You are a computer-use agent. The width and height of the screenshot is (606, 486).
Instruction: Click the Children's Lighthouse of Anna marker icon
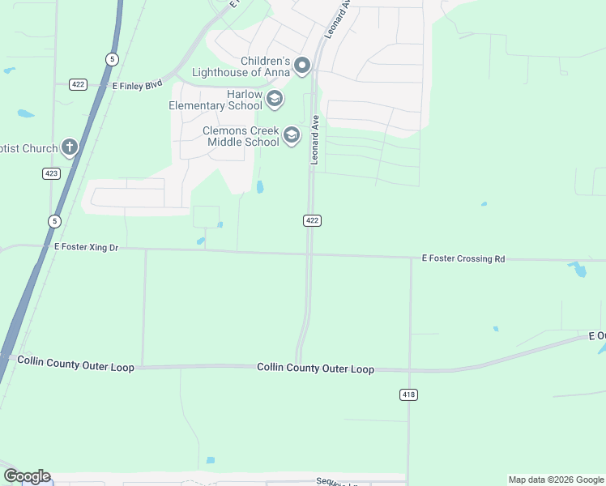302,66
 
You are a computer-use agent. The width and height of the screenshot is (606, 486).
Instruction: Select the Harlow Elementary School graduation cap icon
274,100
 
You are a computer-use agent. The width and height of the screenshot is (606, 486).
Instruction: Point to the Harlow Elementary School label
216,100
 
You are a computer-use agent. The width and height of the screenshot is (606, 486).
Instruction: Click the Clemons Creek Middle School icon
292,135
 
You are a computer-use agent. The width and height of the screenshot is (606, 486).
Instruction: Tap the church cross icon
70,147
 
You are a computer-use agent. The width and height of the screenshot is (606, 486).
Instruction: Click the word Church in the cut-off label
41,148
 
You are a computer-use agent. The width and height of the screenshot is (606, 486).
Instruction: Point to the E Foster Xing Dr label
86,246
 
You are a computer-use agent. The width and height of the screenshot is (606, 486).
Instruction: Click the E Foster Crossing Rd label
463,258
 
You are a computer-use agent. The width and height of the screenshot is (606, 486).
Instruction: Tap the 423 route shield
51,173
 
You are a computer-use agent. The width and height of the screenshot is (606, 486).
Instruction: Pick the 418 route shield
408,394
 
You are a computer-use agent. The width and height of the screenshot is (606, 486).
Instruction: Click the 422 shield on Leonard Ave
313,220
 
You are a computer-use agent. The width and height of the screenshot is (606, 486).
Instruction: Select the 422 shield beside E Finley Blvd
78,84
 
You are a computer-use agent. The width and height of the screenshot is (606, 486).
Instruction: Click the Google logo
26,476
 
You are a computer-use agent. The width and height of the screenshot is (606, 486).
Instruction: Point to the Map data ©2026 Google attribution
556,480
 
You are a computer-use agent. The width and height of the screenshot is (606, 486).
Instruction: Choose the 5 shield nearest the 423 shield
54,220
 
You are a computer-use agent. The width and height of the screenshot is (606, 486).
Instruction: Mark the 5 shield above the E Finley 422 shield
112,58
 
